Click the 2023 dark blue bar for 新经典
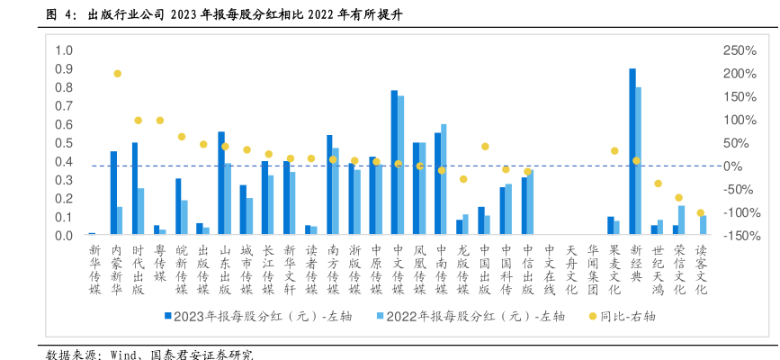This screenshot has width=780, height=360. pyautogui.click(x=632, y=152)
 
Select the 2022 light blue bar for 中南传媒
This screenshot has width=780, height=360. pyautogui.click(x=444, y=180)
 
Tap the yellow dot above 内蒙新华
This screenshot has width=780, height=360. pyautogui.click(x=117, y=74)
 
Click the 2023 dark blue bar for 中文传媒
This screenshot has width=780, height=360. pyautogui.click(x=394, y=163)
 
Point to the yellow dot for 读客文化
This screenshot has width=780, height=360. pyautogui.click(x=701, y=213)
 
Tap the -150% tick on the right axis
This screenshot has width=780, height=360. pyautogui.click(x=740, y=236)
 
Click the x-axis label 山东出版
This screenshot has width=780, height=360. pyautogui.click(x=224, y=268)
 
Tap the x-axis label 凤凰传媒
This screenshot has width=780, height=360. pyautogui.click(x=418, y=268)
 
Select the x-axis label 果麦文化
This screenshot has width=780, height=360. pyautogui.click(x=614, y=268)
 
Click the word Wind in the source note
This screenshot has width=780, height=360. pyautogui.click(x=122, y=354)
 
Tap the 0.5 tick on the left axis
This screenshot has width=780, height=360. pyautogui.click(x=64, y=143)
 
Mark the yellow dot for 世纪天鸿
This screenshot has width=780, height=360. pyautogui.click(x=658, y=184)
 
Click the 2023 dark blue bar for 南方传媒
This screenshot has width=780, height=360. pyautogui.click(x=329, y=185)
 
